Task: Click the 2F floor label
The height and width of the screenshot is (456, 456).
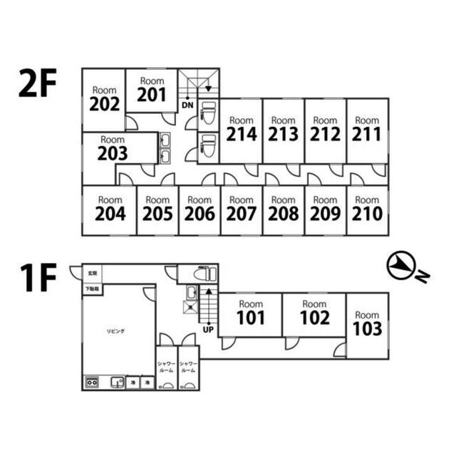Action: coord(37,86)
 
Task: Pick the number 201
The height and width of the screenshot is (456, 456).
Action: coord(152,95)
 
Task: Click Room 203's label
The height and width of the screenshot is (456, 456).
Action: coord(113,148)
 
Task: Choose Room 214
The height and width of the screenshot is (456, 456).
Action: coord(241,130)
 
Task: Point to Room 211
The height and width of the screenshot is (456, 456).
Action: coord(367,130)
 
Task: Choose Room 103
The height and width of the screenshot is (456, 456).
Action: coord(367,324)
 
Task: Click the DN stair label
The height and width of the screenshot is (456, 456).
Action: coord(187,105)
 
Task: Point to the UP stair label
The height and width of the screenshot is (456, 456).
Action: coord(208,330)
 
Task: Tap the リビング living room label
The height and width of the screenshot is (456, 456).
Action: coord(116,331)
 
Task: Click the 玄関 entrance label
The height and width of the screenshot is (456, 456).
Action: coord(92,273)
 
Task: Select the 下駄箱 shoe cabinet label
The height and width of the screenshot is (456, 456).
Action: coord(92,289)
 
